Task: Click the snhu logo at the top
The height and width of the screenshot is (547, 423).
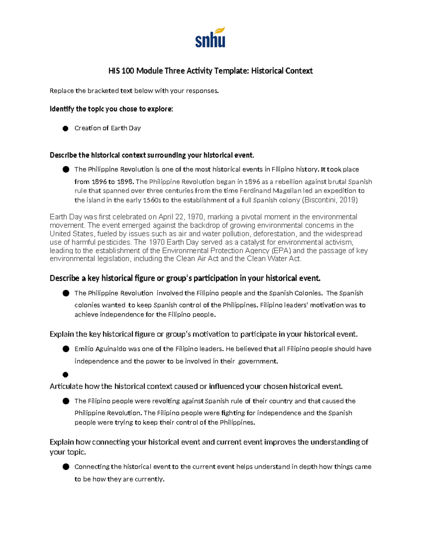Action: (210, 38)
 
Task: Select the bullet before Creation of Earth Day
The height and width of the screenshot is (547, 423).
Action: (65, 129)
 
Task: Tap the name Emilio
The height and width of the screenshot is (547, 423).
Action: (83, 349)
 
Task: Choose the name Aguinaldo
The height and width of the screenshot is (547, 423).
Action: (111, 349)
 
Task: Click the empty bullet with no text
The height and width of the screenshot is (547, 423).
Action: (65, 374)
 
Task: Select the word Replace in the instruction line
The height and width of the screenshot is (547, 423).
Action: (61, 91)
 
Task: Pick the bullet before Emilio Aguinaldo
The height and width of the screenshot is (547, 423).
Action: (66, 349)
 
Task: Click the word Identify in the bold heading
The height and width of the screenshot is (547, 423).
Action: (62, 109)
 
